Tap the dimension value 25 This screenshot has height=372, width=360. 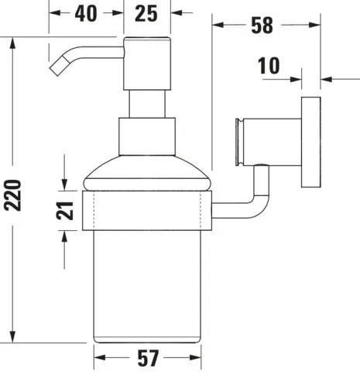(x=148, y=13)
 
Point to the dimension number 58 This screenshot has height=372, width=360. (x=262, y=25)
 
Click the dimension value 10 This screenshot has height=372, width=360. (x=270, y=67)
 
